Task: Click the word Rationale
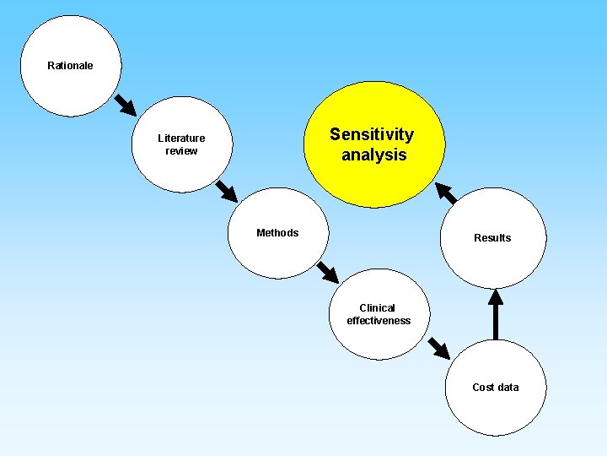click(70, 66)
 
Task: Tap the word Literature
click(181, 138)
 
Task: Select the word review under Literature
click(181, 151)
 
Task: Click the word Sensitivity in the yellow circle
click(372, 134)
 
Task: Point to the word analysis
click(373, 155)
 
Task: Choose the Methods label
click(277, 233)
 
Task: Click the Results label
click(492, 238)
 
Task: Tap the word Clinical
click(377, 308)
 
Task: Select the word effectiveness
click(379, 321)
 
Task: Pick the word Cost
click(483, 388)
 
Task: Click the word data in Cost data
click(508, 388)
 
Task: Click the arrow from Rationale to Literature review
click(124, 104)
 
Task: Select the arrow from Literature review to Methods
click(226, 190)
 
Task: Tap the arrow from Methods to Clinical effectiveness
click(327, 272)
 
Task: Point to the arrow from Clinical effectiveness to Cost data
click(438, 347)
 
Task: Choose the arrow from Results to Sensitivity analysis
click(447, 193)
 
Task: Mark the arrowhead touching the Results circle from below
click(496, 297)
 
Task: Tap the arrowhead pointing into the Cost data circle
click(443, 351)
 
